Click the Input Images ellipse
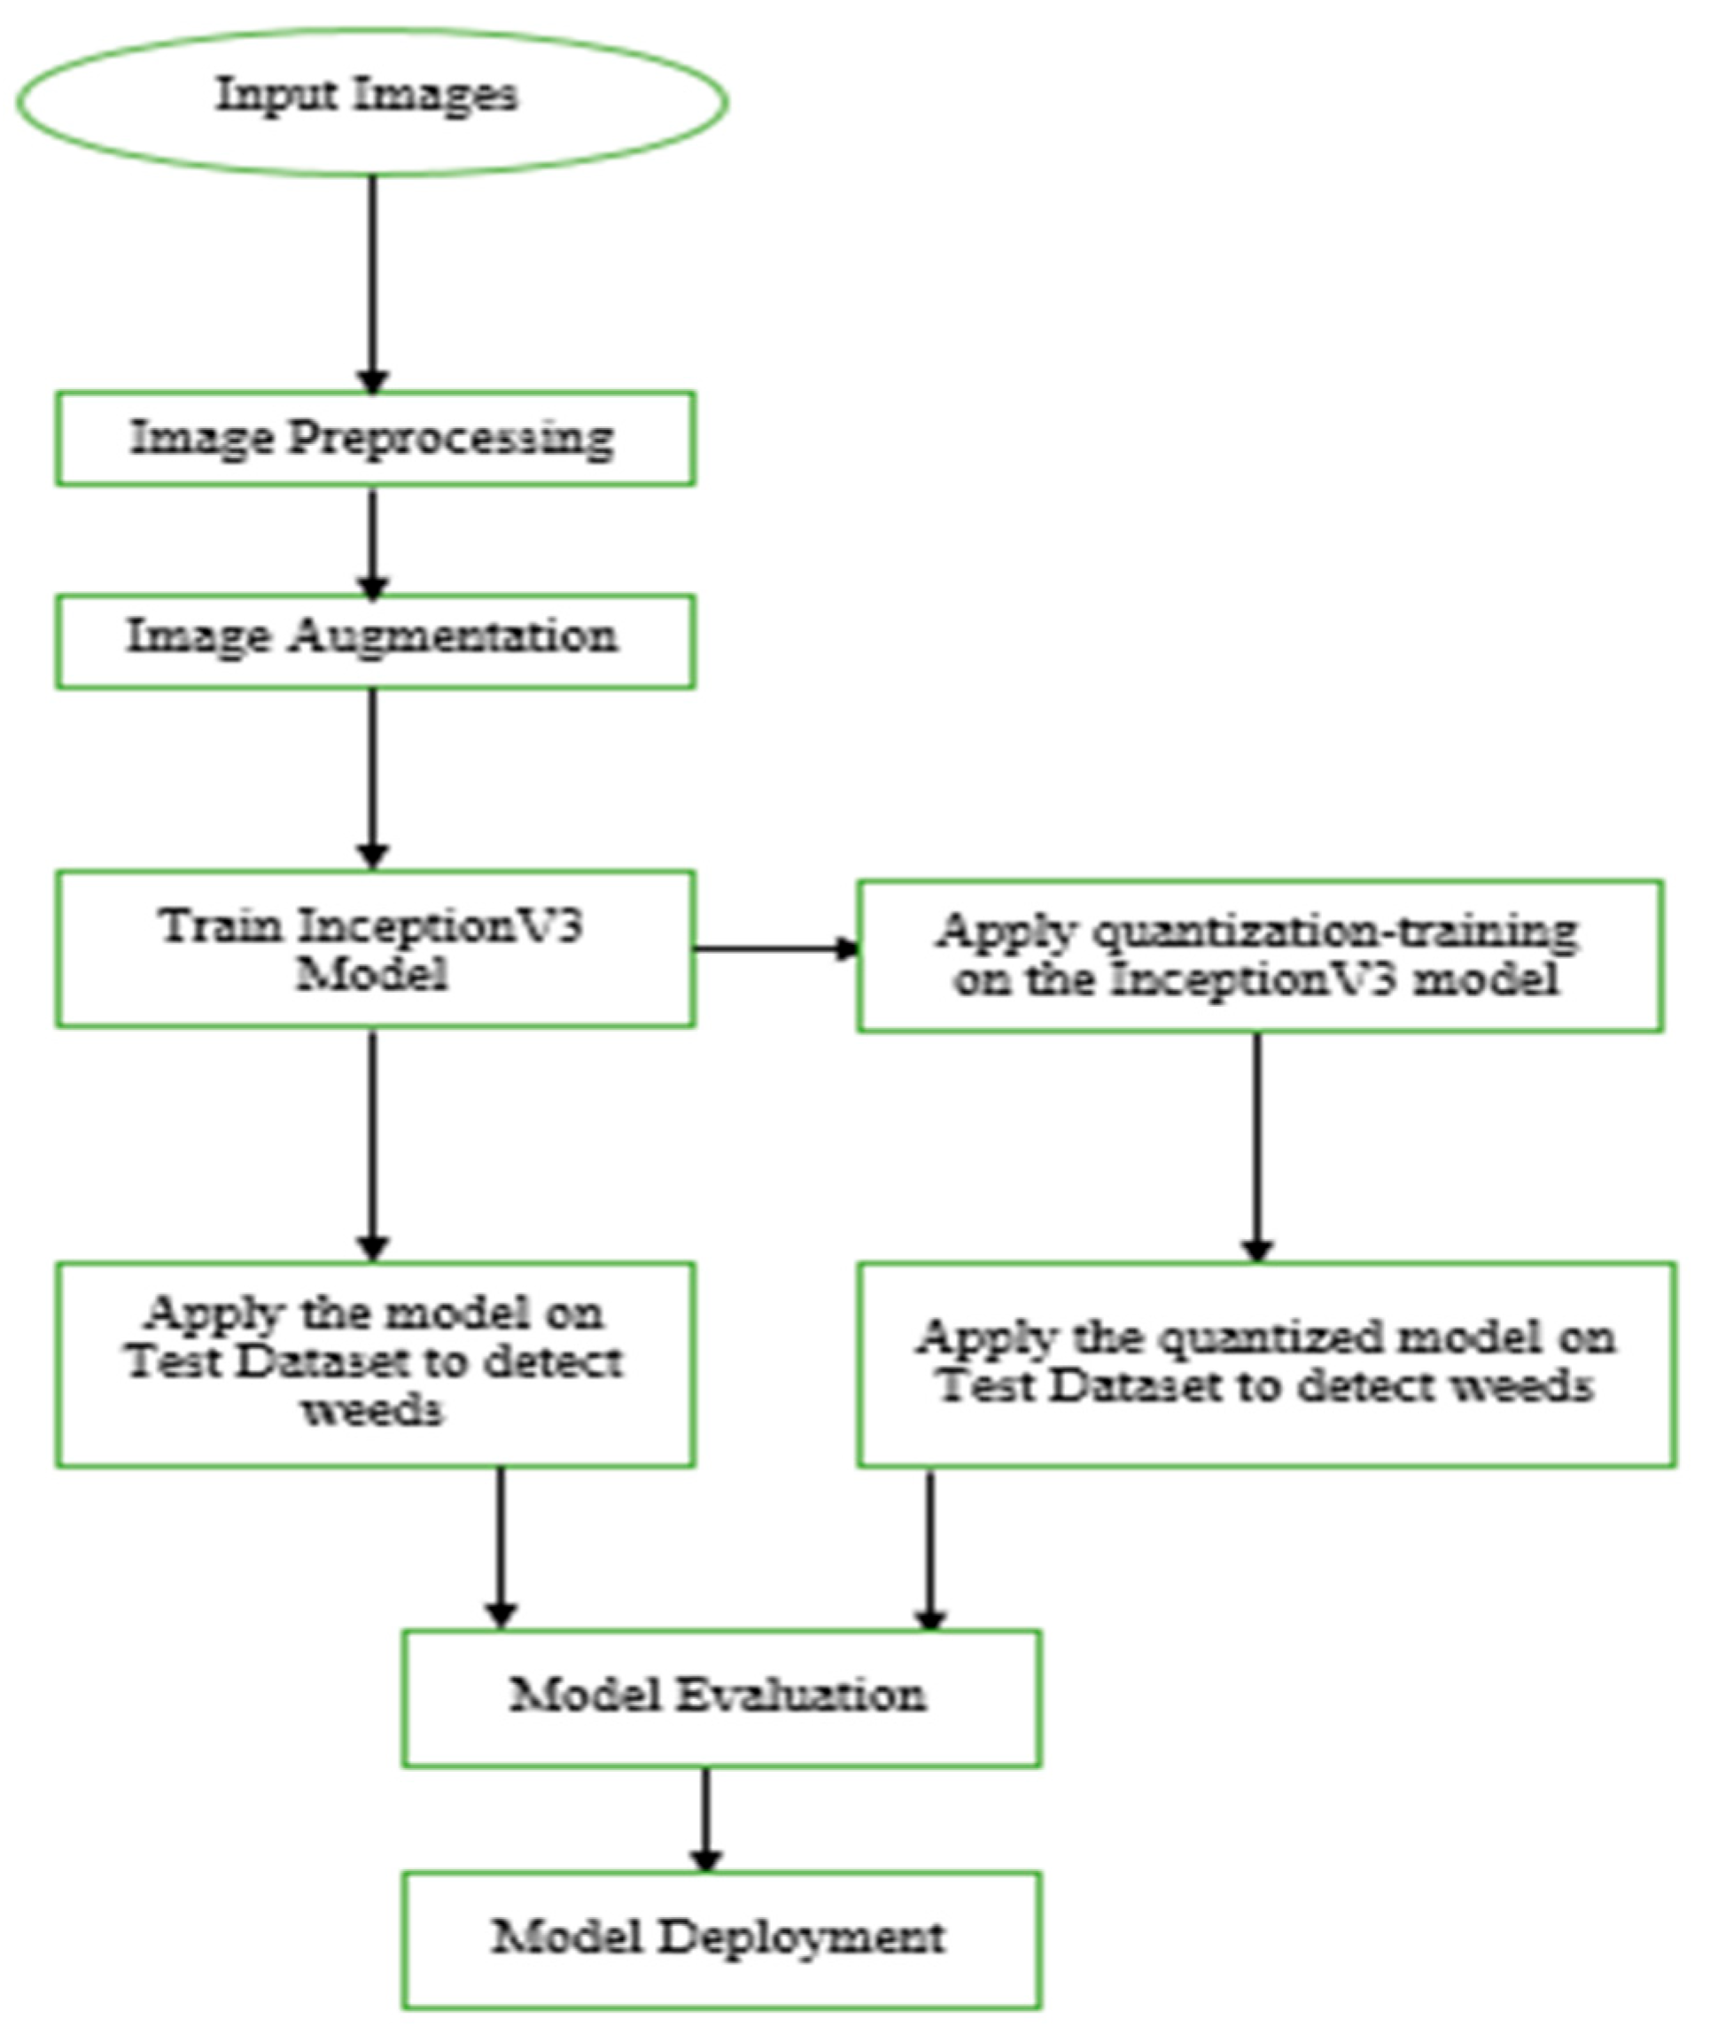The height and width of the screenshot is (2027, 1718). pyautogui.click(x=372, y=100)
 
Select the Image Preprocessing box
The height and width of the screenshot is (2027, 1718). pyautogui.click(x=375, y=439)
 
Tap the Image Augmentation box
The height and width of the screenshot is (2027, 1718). pyautogui.click(x=375, y=641)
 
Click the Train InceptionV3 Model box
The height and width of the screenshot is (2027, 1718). pyautogui.click(x=375, y=947)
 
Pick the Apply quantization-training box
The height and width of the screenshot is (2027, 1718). pyautogui.click(x=1259, y=955)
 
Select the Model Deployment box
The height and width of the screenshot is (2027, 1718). pyautogui.click(x=720, y=1938)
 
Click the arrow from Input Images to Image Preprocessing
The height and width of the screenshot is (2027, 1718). pyautogui.click(x=373, y=283)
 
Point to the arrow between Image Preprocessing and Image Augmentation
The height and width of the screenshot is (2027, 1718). pyautogui.click(x=373, y=541)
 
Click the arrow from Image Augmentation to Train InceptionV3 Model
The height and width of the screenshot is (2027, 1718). pyautogui.click(x=373, y=775)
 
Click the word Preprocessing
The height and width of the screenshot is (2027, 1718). pyautogui.click(x=451, y=439)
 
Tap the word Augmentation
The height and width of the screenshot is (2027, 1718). pyautogui.click(x=453, y=637)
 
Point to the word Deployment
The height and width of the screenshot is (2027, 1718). pyautogui.click(x=801, y=1937)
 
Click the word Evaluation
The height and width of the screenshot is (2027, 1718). pyautogui.click(x=801, y=1695)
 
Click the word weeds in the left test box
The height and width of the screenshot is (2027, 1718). pyautogui.click(x=373, y=1409)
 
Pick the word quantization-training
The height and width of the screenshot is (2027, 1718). pyautogui.click(x=1334, y=932)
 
